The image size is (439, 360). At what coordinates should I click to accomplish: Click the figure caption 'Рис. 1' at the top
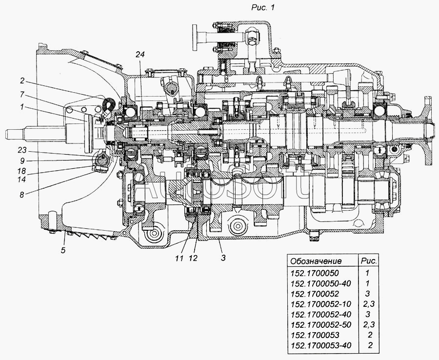pyautogui.click(x=262, y=7)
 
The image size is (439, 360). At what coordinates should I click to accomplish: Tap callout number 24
pyautogui.click(x=140, y=55)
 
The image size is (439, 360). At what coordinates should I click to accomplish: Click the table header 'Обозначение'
pyautogui.click(x=316, y=261)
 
